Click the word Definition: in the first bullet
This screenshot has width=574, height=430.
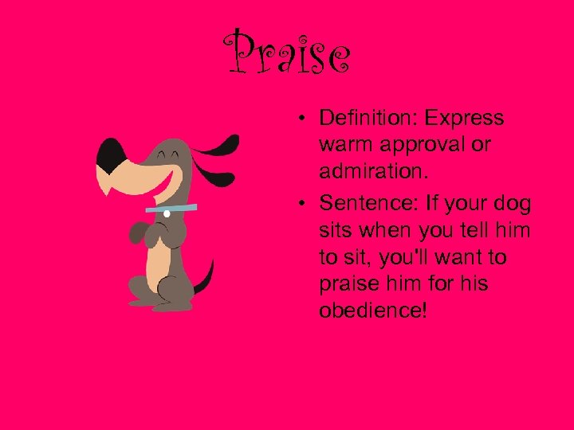coord(368,119)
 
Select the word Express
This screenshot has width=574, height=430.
coord(464,119)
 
